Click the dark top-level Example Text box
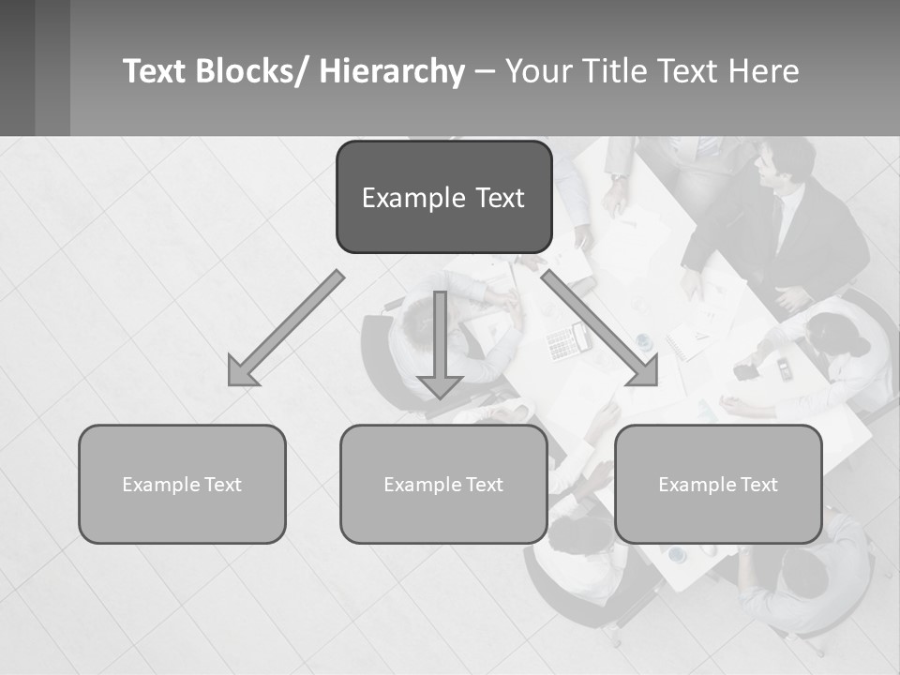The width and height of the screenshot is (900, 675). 443,197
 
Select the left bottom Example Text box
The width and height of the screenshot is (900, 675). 182,484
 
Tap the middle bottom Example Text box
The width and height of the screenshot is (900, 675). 443,484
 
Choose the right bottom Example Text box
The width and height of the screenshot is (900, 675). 718,484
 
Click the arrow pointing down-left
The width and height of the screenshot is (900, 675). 285,329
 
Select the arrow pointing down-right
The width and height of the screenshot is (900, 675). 600,329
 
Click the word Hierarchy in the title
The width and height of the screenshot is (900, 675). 392,71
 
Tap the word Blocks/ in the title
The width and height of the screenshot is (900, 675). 253,71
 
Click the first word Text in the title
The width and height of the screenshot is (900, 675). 156,71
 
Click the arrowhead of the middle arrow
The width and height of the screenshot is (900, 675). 440,383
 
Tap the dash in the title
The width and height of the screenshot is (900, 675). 485,71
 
